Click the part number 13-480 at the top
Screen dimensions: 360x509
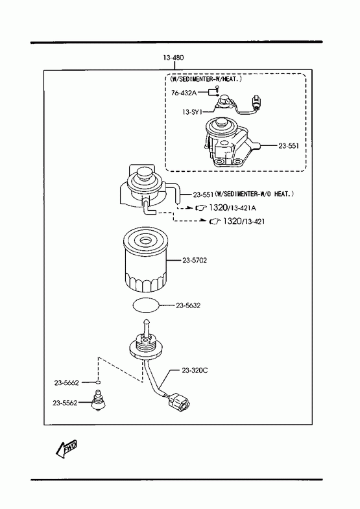[173, 58]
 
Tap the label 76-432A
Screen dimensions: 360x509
[184, 93]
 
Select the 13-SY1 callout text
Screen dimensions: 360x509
[192, 112]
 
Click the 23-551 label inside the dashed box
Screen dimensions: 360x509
[289, 146]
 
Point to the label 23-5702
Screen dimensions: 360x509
[195, 261]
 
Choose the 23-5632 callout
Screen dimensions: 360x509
[188, 305]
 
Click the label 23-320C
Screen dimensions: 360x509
[195, 370]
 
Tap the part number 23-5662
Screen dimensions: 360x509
[67, 383]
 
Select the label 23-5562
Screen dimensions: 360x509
[66, 403]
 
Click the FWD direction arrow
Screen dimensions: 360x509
[67, 449]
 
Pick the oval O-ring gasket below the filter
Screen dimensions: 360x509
[147, 305]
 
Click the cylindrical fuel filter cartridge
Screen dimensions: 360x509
[145, 260]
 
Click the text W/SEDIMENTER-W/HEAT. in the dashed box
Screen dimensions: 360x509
[206, 79]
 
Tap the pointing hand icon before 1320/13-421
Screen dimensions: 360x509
[215, 221]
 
